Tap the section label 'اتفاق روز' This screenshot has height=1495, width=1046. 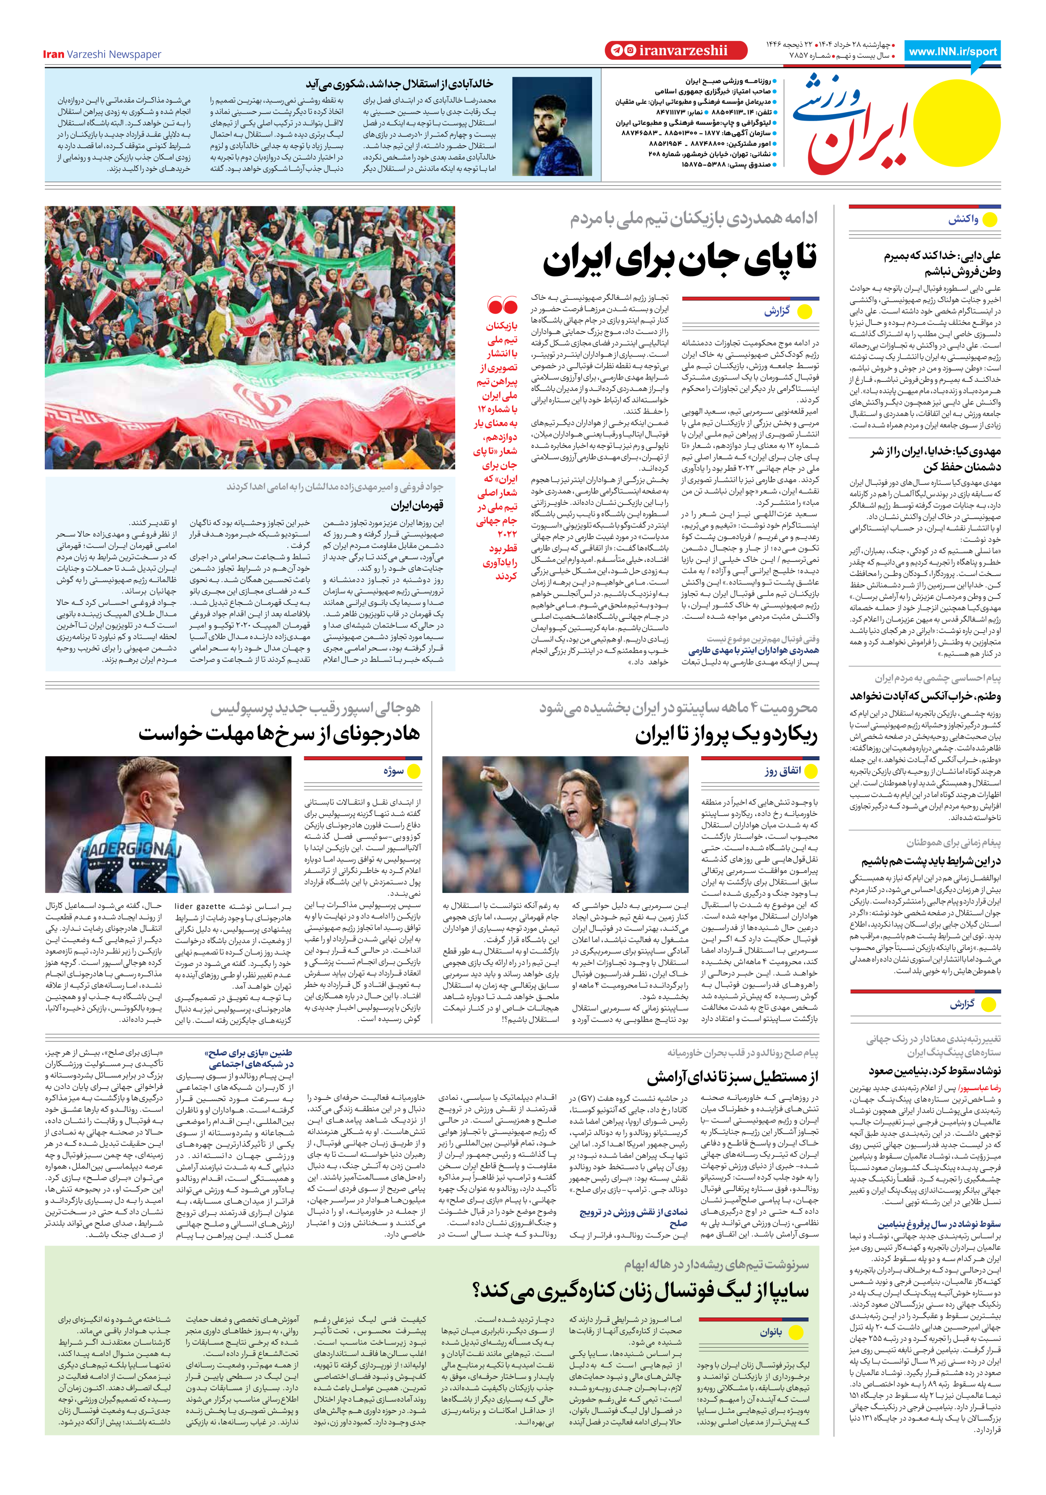coord(782,771)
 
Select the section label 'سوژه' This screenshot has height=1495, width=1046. coord(394,771)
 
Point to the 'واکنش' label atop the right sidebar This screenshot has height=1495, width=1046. coord(963,219)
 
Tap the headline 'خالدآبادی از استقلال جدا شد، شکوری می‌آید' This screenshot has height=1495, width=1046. coord(400,84)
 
